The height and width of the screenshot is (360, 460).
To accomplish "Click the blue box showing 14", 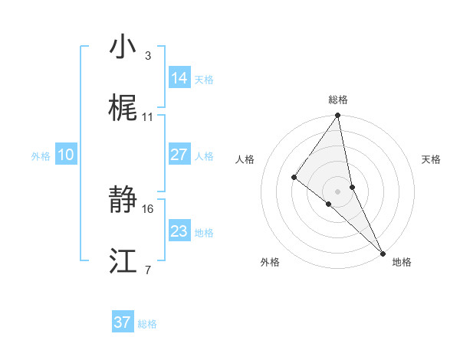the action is (179, 77).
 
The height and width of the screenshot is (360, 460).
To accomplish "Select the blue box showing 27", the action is (179, 155).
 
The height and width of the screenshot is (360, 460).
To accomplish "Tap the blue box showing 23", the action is (179, 231).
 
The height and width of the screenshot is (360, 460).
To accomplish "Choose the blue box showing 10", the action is (66, 155).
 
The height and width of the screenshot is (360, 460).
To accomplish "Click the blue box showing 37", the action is (123, 322).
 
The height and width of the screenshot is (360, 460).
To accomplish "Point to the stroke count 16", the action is (148, 208).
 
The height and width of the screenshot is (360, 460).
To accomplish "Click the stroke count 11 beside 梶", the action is (148, 116).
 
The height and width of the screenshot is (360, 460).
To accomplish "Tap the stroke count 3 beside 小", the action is (148, 55).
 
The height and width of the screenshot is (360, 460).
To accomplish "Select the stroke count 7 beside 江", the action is (148, 270).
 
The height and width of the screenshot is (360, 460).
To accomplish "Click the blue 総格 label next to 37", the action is (147, 324).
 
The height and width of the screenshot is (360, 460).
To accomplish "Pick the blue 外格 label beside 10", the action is (41, 155).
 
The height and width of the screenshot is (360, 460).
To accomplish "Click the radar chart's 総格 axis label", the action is (338, 100).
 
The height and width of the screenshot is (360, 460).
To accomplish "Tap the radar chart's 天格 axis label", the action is (432, 159).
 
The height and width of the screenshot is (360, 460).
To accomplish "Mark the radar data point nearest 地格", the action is (383, 252).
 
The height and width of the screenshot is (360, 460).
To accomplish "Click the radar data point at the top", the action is (338, 116).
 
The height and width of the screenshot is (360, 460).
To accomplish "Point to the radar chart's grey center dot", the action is (338, 191).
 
